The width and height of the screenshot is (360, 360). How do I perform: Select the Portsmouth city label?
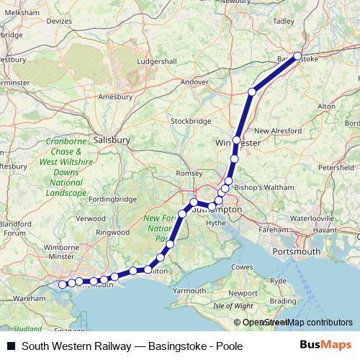click(x=297, y=251)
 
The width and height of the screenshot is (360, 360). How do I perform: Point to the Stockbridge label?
click(x=192, y=120)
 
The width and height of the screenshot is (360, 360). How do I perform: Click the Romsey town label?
click(x=190, y=174)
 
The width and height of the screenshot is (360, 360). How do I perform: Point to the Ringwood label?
click(x=113, y=233)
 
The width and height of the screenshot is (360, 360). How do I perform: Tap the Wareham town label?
click(x=29, y=297)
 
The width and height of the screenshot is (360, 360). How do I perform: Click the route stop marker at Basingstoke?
click(x=297, y=55)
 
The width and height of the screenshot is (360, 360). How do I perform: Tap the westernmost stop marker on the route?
click(x=63, y=284)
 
